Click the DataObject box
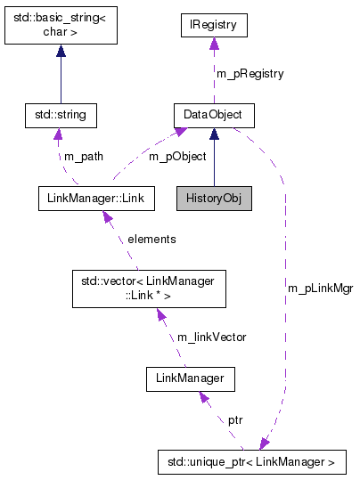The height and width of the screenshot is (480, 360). (x=213, y=115)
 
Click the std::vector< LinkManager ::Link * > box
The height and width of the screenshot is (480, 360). (x=149, y=288)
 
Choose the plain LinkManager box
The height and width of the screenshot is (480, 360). (x=189, y=380)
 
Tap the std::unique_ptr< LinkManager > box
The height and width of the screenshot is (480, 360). (x=250, y=462)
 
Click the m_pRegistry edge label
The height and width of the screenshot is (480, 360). (x=250, y=74)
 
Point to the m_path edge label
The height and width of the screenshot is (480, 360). (x=84, y=157)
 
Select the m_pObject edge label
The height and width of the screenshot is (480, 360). (x=176, y=157)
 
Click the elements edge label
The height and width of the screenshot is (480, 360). (x=151, y=240)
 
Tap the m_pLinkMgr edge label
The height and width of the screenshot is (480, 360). (x=320, y=289)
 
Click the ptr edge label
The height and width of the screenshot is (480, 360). (x=235, y=419)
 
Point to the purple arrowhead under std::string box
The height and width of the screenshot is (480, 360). (x=58, y=134)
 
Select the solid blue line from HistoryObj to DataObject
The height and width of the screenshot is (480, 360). (x=213, y=160)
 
